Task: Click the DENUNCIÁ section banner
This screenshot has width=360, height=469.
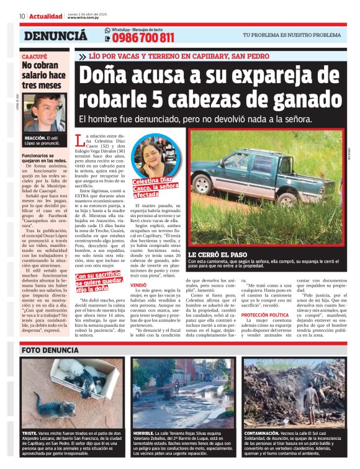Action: pos(55,36)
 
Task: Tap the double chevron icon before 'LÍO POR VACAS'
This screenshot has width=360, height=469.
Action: pos(83,56)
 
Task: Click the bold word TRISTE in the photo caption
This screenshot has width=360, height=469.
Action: pos(30,432)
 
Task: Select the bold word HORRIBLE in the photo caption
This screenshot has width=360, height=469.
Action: pos(143,432)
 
